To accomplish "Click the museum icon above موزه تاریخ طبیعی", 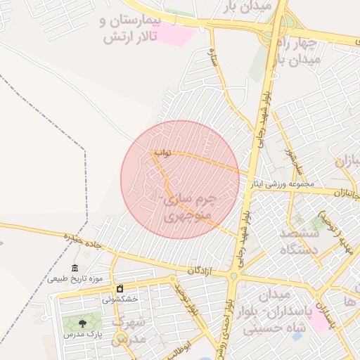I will pos(75,267).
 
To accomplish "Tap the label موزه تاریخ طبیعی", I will pos(75,278).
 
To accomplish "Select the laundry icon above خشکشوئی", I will pos(120,289).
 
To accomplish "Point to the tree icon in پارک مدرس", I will pos(83,323).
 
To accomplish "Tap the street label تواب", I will pos(163,152).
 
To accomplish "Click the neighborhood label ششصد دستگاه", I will pos(300,241).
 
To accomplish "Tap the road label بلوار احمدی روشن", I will pos(226,324).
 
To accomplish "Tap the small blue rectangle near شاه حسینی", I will pos(297,336).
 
